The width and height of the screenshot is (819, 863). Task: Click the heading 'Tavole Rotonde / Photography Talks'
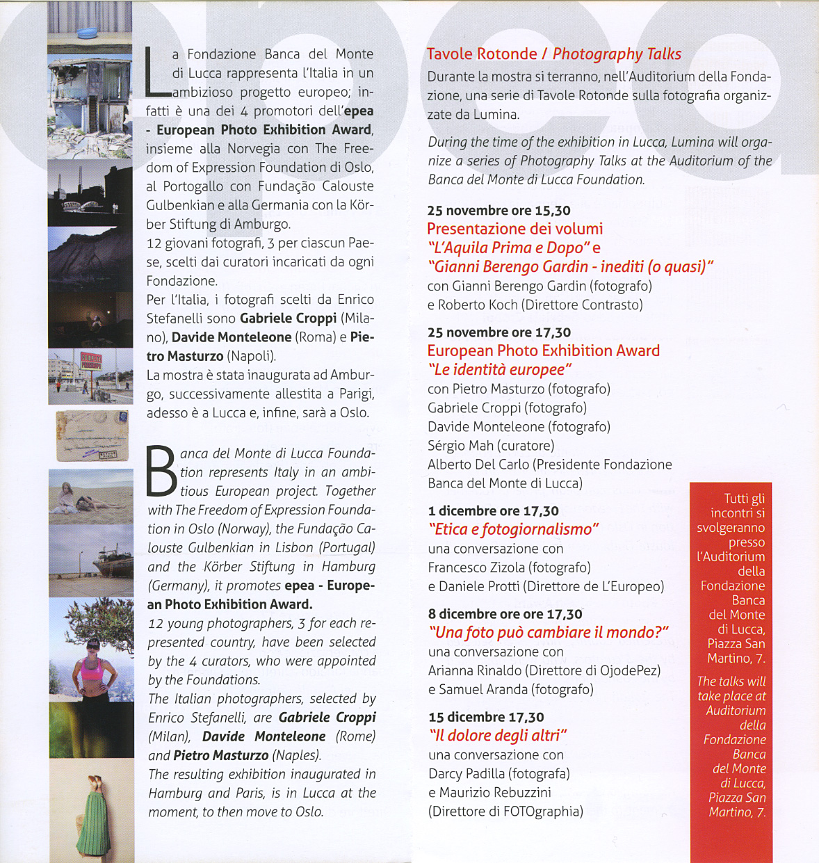(x=553, y=54)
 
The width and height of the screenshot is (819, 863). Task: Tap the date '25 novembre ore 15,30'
(x=498, y=211)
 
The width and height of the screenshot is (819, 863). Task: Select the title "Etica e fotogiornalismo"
(x=513, y=530)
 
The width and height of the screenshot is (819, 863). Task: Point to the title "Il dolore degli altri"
(x=498, y=736)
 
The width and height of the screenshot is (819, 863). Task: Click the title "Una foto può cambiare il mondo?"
(x=549, y=633)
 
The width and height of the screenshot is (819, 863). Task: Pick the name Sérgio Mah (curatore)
(x=491, y=446)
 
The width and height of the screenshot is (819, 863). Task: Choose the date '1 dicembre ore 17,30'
(x=494, y=511)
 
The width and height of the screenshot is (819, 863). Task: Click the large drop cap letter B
(x=161, y=471)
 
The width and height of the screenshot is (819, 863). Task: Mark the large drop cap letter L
(x=155, y=72)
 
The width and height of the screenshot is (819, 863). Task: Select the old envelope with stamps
(x=92, y=437)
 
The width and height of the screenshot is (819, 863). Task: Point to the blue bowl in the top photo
(x=88, y=32)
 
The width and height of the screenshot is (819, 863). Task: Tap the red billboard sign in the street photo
(x=91, y=362)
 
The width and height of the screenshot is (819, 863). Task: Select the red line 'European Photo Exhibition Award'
(x=543, y=351)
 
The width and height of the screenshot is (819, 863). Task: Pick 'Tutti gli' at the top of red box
(x=744, y=499)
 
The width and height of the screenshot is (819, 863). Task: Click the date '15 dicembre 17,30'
(x=486, y=717)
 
